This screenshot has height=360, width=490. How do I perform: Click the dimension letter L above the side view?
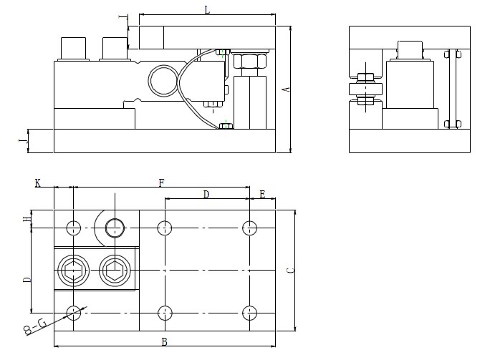207,10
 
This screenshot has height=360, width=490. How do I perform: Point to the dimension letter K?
37,183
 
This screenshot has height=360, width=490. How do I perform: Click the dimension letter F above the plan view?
161,183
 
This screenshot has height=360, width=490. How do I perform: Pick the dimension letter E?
262,195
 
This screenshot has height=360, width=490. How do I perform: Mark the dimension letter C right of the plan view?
289,271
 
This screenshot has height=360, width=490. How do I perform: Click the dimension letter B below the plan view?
164,342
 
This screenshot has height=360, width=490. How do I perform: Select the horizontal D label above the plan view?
206,195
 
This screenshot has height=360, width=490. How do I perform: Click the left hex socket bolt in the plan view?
72,271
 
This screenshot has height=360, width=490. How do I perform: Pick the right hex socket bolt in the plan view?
111,271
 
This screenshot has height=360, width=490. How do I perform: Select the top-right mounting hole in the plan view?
249,228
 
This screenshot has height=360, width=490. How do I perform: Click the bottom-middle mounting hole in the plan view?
165,312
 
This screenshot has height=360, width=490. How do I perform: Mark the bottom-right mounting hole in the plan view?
249,312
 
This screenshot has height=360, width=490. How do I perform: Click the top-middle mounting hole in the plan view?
165,228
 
